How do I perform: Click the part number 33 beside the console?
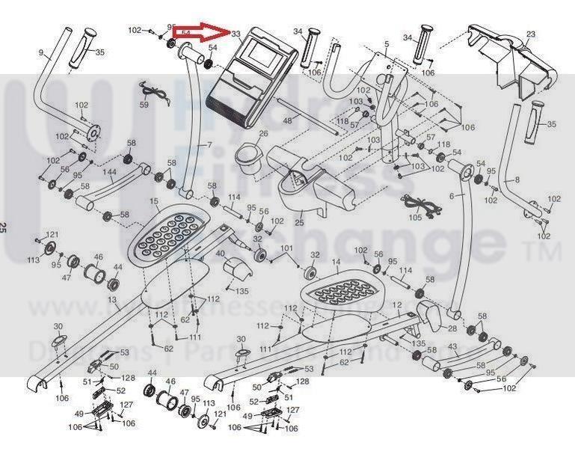point(236,34)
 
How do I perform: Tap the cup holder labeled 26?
point(247,156)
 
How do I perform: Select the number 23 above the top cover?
point(532,34)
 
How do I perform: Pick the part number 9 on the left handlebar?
point(41,52)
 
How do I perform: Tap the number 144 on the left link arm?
point(108,172)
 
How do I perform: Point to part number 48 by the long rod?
point(286,120)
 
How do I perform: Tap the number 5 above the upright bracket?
point(387,45)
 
